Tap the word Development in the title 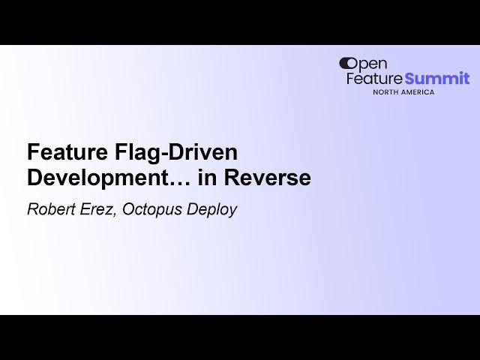point(90,179)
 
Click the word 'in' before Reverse point(190,179)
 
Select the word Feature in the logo point(374,79)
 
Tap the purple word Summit point(437,79)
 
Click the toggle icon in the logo point(348,64)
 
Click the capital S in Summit point(411,79)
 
